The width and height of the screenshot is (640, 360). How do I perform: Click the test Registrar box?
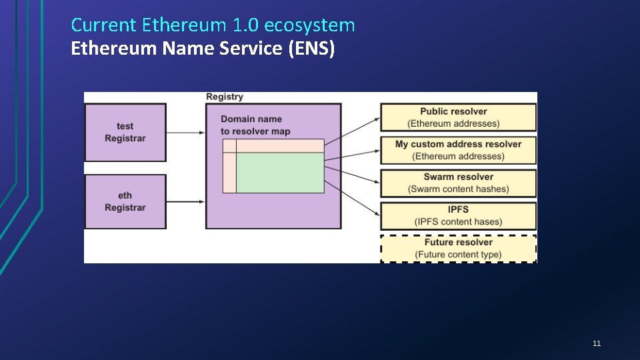125,132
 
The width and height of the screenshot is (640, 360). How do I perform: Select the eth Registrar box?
125,201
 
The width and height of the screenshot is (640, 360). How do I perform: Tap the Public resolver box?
458,117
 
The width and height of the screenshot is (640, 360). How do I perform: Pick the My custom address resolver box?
458,150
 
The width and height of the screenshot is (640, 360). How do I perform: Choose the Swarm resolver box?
458,183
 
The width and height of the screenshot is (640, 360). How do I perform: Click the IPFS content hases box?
458,215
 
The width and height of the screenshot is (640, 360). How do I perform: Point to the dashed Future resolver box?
458,248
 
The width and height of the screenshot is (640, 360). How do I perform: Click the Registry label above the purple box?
225,97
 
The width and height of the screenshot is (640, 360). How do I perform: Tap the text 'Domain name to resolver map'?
255,125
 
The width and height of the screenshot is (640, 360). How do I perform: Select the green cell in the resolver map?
280,173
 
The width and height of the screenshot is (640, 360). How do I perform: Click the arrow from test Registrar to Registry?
185,133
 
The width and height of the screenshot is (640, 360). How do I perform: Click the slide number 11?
597,343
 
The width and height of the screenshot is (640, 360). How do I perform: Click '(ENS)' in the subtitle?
311,48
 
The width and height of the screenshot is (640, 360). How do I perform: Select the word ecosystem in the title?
309,25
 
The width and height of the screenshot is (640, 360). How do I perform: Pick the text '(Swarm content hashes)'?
458,189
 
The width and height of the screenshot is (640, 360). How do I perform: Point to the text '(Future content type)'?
458,255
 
